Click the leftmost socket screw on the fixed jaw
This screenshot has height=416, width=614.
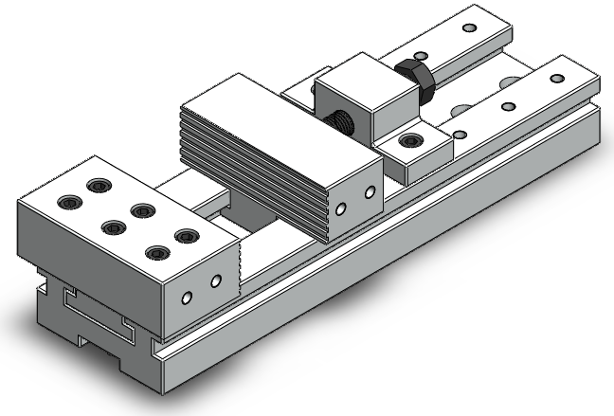pos(70,201)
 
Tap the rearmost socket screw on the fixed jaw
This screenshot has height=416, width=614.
pos(97,186)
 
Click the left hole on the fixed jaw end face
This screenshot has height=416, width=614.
pos(188,298)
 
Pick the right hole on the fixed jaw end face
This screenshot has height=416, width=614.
pos(215,281)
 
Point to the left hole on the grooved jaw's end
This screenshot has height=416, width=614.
pos(343,209)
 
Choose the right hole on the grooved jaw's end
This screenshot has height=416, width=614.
pos(370,193)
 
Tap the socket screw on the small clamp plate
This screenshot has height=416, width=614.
pos(410,142)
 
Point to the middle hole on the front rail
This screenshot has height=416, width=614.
pos(509,107)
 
